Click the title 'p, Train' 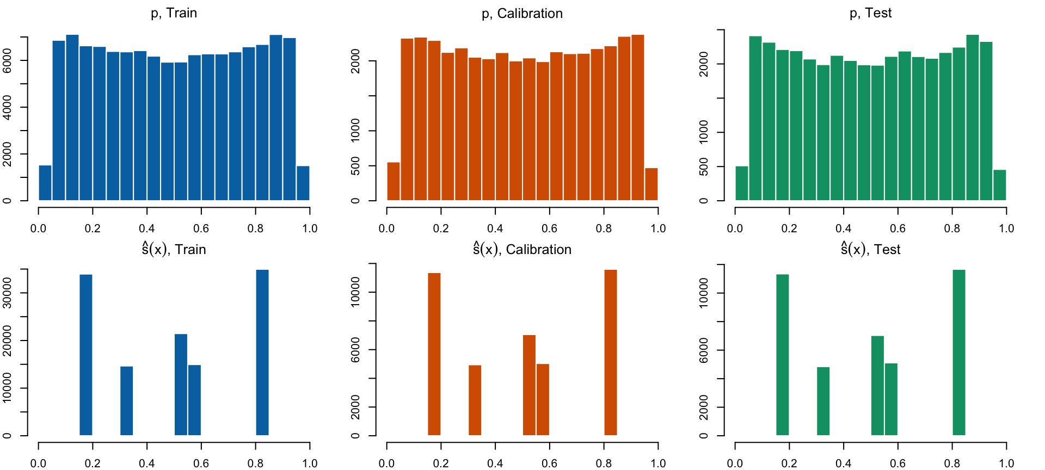tap(174, 13)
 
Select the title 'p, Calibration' tap(522, 14)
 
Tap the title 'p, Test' tap(870, 13)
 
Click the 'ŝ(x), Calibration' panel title tap(522, 249)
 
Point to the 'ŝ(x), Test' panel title tap(870, 249)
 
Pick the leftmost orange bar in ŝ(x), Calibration tap(434, 354)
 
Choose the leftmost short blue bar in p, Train tap(45, 183)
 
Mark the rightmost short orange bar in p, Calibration tap(651, 184)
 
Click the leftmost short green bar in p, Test tap(742, 183)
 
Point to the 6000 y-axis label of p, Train tap(8, 60)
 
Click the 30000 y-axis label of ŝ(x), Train tap(8, 293)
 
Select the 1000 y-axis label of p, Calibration tap(355, 131)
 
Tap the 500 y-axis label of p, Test tap(704, 166)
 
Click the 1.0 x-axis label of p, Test tap(1006, 228)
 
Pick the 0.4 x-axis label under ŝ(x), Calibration tap(495, 463)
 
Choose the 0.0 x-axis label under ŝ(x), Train tap(38, 463)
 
